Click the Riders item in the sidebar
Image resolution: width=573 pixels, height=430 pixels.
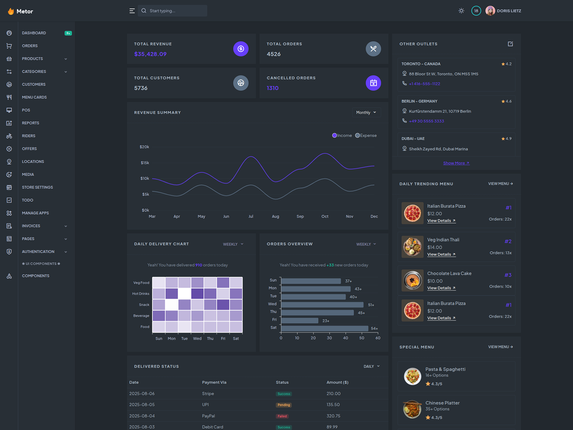click(x=28, y=136)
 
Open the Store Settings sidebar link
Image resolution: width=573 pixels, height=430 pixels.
click(x=37, y=187)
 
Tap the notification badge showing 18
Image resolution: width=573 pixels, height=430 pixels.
click(x=476, y=11)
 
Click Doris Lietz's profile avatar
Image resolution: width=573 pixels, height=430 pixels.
click(x=490, y=11)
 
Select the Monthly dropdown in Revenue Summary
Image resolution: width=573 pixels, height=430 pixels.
click(x=366, y=112)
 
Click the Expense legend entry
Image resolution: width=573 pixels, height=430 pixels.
click(x=366, y=136)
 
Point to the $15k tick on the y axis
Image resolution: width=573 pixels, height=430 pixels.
click(x=145, y=163)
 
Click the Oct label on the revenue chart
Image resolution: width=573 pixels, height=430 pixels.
click(x=325, y=216)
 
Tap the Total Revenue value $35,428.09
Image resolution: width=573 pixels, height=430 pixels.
click(x=150, y=54)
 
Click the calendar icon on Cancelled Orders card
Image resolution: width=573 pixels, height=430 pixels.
click(x=373, y=83)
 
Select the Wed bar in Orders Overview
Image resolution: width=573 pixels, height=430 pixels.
click(x=322, y=305)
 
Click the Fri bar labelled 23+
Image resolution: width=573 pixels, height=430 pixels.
click(x=300, y=321)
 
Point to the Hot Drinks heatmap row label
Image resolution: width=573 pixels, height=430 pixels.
click(x=141, y=294)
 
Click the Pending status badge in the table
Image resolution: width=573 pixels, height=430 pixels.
click(x=284, y=405)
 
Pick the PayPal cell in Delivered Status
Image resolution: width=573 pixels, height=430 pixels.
click(x=209, y=416)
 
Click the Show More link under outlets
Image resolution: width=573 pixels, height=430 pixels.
click(x=456, y=163)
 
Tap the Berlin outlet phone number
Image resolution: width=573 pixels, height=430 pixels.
click(x=426, y=121)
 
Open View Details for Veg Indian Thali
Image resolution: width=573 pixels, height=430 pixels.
click(x=441, y=255)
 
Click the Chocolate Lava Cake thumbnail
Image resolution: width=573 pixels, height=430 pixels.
click(x=413, y=281)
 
